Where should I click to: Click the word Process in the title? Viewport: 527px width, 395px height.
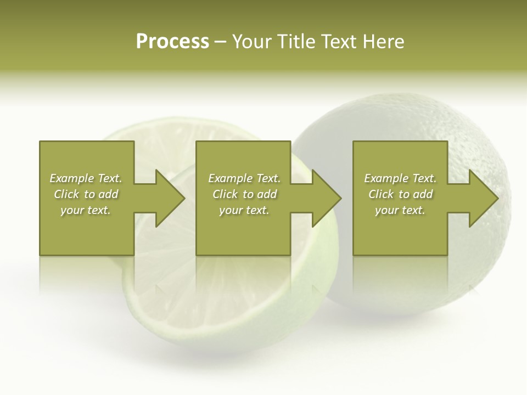[x=172, y=42]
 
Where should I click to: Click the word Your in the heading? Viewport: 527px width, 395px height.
[x=253, y=42]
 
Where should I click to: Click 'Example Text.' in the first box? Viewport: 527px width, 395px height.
[x=86, y=178]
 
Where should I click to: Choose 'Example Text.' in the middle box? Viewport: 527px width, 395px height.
[x=244, y=178]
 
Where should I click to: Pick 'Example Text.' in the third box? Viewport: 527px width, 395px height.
[x=400, y=178]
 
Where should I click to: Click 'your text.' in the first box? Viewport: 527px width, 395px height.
[x=86, y=210]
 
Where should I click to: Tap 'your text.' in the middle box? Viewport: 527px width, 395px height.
[x=244, y=210]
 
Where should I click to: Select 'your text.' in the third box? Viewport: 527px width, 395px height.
[x=400, y=210]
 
